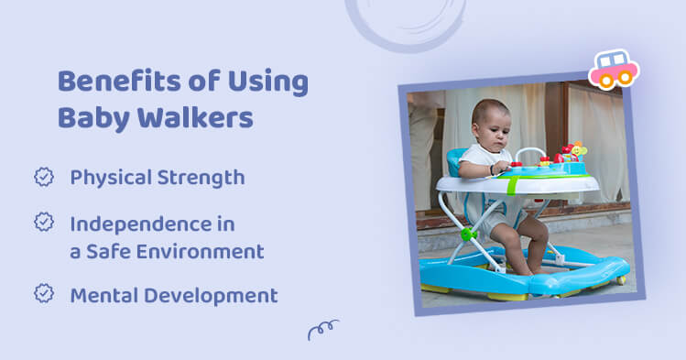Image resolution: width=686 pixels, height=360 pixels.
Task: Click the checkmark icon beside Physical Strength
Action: (x=44, y=177)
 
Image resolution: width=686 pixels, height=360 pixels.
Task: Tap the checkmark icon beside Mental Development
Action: (x=44, y=293)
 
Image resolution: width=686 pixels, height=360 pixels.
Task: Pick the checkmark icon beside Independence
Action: (x=44, y=222)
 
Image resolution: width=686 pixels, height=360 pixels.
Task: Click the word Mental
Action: (x=101, y=295)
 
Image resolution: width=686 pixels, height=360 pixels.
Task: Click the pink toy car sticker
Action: (x=613, y=69)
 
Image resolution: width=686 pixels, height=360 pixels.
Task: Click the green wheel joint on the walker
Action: (x=469, y=234)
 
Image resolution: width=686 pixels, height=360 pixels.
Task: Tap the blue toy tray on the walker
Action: (x=550, y=168)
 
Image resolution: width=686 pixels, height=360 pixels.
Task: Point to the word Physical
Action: (x=110, y=178)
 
